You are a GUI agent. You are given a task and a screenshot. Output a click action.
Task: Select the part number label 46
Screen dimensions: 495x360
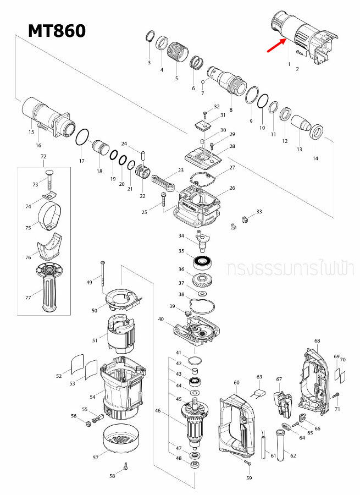click(158, 410)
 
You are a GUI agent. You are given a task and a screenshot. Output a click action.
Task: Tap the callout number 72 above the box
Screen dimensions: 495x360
click(44, 157)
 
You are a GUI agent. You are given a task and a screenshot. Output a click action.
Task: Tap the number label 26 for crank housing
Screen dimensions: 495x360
click(232, 188)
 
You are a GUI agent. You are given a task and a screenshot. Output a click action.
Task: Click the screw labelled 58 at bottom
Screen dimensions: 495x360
click(126, 466)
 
